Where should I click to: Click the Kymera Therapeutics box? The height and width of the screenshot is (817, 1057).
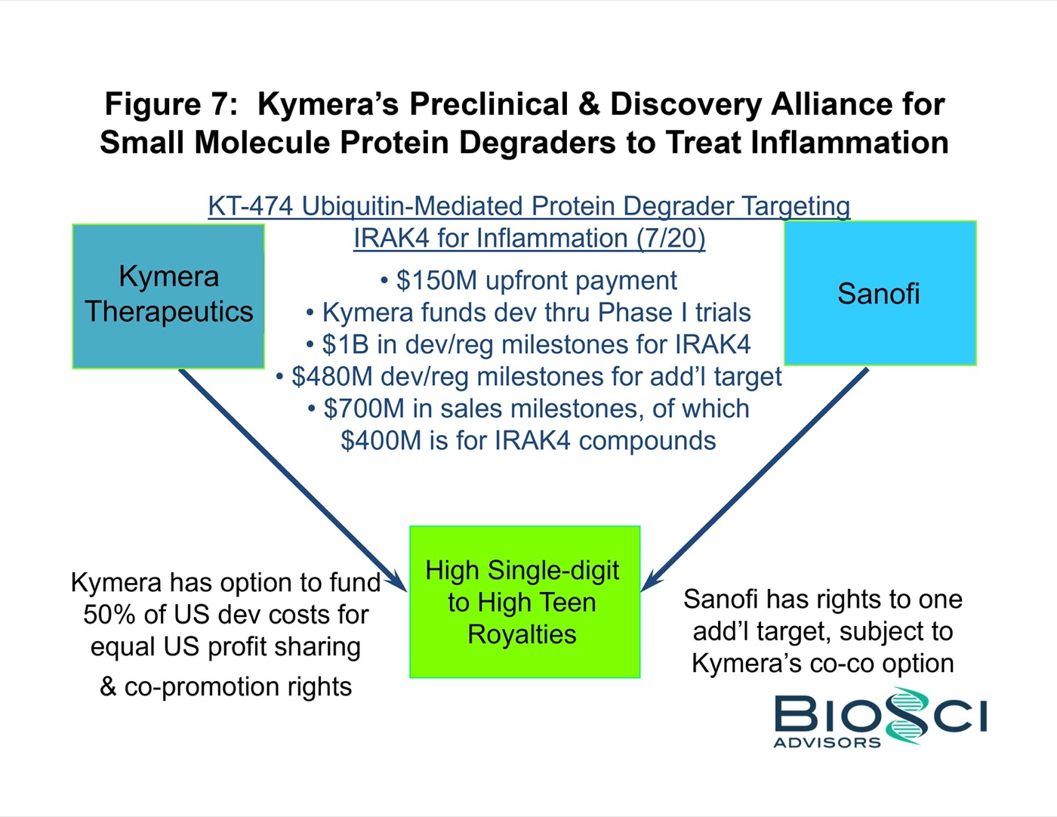(168, 296)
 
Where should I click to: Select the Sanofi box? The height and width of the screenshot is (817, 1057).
(880, 293)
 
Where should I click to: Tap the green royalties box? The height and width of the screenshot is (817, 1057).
(525, 602)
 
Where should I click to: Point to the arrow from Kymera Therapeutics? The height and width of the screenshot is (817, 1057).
(293, 480)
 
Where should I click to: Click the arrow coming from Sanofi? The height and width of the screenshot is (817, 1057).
(754, 479)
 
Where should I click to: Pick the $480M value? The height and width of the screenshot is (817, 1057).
(331, 376)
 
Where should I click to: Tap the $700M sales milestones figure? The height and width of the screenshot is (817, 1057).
(364, 408)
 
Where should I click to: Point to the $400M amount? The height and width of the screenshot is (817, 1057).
(381, 441)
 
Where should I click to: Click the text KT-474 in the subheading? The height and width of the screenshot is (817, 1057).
(251, 205)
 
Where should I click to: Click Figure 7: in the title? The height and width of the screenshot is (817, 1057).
(171, 103)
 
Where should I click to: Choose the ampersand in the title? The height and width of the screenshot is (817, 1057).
(589, 104)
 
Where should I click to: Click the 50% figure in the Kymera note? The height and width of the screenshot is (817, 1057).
(109, 615)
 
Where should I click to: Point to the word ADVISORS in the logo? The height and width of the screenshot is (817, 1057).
(827, 742)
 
